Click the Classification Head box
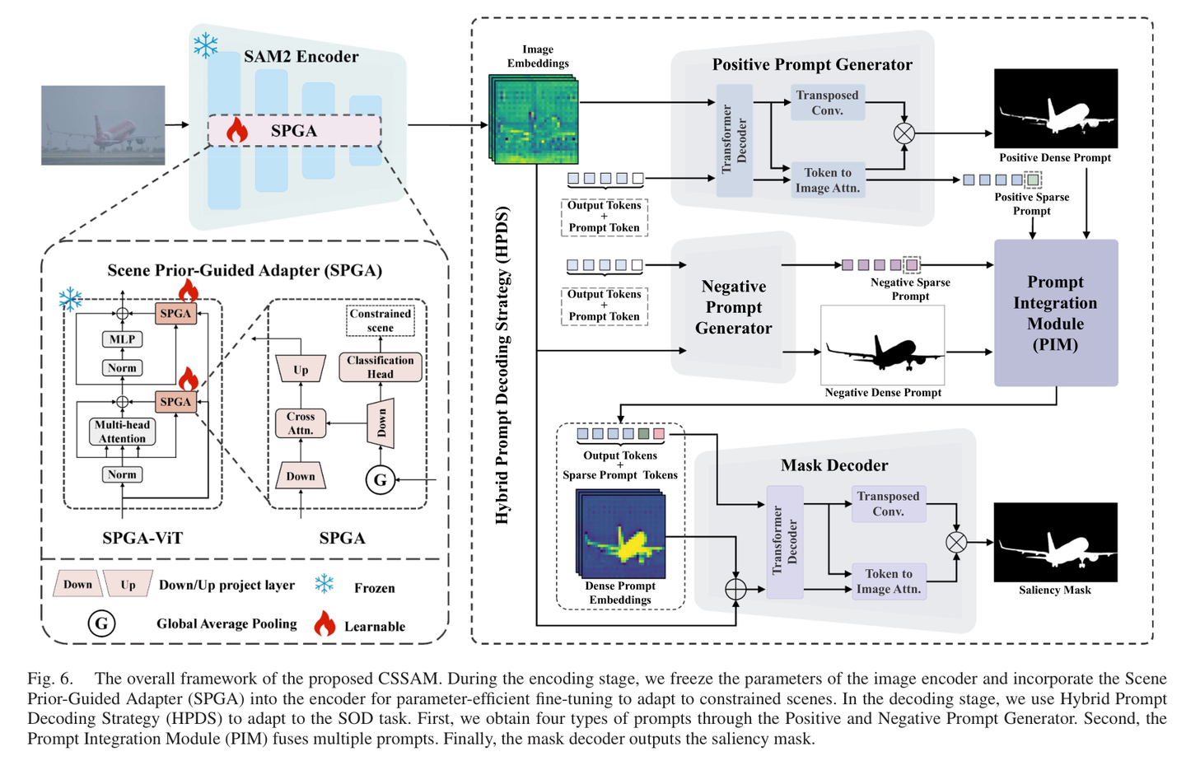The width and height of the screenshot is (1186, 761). tap(381, 367)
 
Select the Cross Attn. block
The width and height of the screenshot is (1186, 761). tap(300, 423)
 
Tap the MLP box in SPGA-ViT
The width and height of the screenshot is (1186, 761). tap(122, 339)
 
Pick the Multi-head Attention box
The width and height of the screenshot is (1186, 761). tap(122, 431)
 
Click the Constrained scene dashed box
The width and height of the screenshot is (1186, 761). tap(381, 320)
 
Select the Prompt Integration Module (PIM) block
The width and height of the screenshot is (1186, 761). tap(1056, 312)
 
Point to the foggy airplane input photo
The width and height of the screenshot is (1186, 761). tap(103, 125)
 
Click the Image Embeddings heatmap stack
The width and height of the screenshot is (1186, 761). tap(534, 119)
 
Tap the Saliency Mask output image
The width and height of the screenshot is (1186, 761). tap(1056, 542)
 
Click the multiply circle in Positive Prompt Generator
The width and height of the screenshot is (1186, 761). tap(904, 133)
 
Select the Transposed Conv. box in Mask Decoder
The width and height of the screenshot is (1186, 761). tap(889, 503)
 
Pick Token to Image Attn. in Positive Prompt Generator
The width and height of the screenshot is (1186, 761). tap(828, 180)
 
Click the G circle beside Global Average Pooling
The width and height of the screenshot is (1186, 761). tap(101, 623)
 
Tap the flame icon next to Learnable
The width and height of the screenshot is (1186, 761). tap(325, 623)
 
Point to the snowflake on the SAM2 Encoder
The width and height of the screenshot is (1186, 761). tap(205, 45)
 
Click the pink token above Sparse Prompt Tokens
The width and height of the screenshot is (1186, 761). tap(659, 434)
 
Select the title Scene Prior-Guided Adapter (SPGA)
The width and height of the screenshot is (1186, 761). tap(245, 270)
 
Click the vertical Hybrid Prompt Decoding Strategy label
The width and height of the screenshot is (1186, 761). tap(502, 366)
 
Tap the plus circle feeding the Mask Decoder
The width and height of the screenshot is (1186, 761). tap(735, 589)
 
